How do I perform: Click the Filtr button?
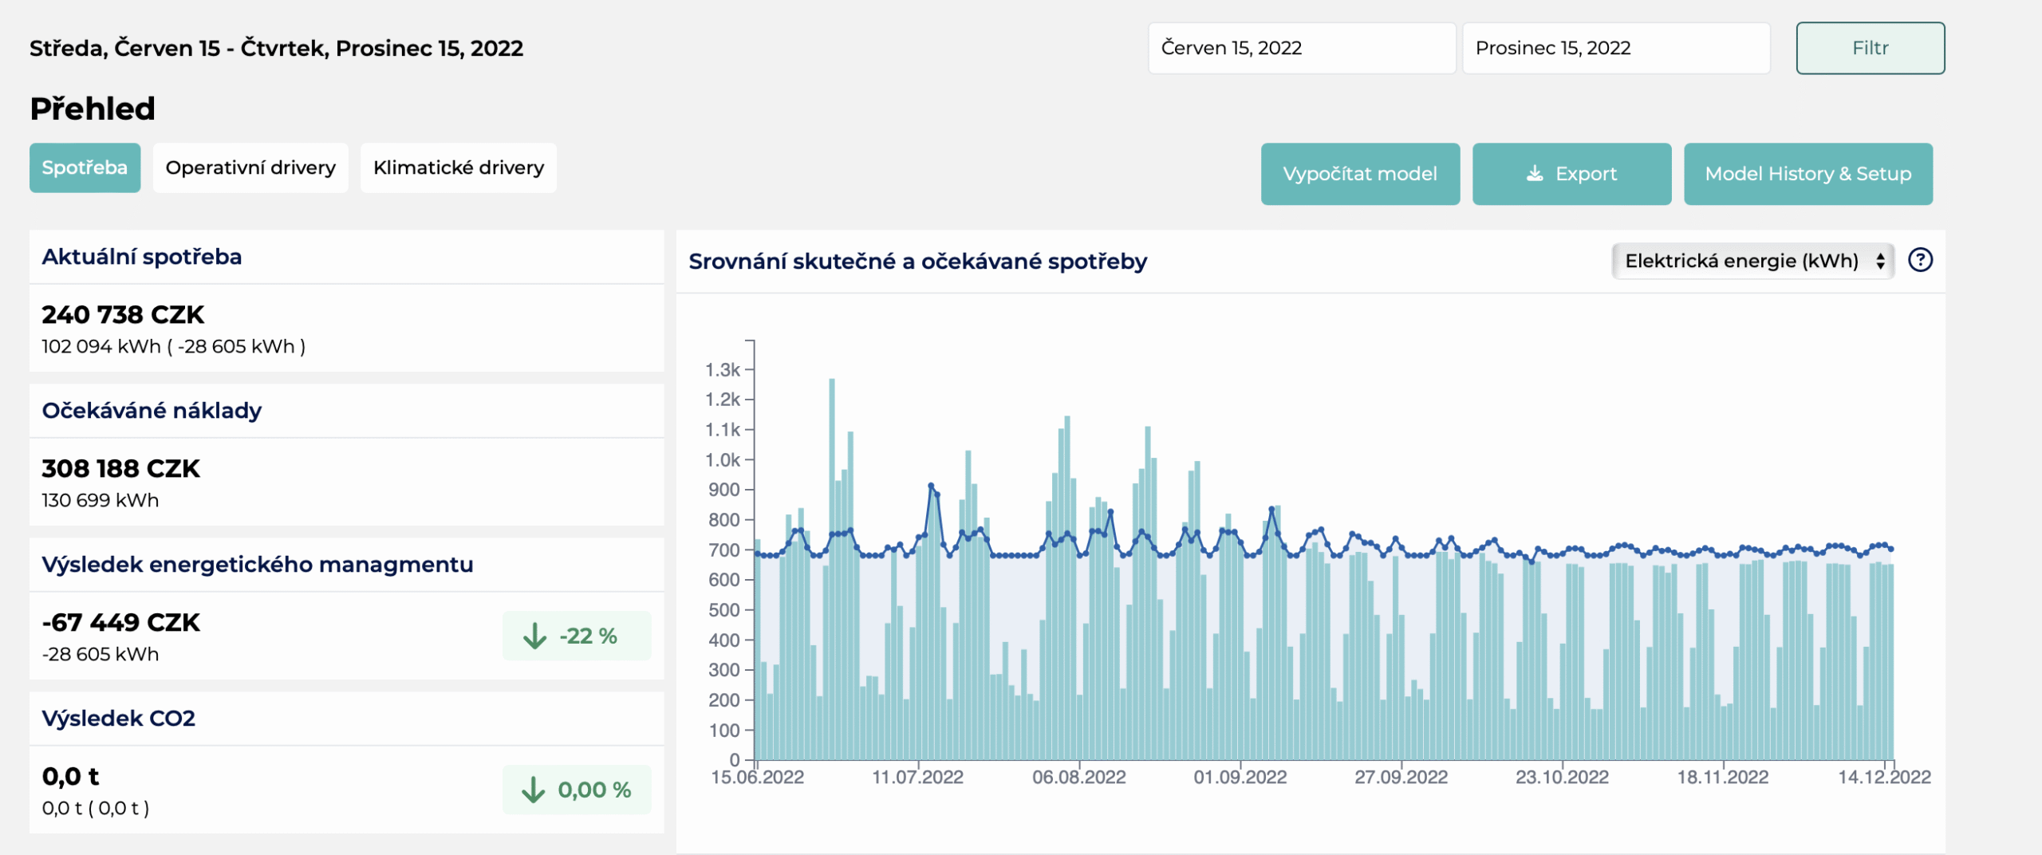click(1870, 48)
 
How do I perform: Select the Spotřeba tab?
click(85, 167)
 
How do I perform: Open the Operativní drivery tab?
click(250, 167)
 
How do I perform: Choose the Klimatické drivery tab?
click(459, 167)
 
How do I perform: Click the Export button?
click(1571, 174)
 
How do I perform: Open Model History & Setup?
click(1808, 174)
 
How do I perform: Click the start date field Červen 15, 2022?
click(1302, 48)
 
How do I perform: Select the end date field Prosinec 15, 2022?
click(1616, 48)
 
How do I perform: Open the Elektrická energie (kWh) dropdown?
click(1752, 261)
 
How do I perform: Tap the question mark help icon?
click(1920, 260)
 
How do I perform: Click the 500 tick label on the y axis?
click(724, 610)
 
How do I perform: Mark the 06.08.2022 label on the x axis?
click(1079, 777)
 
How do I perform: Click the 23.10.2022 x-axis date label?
click(1562, 777)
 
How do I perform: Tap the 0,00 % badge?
click(577, 790)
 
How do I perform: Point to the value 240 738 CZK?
click(123, 315)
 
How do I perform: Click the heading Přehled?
click(93, 108)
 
